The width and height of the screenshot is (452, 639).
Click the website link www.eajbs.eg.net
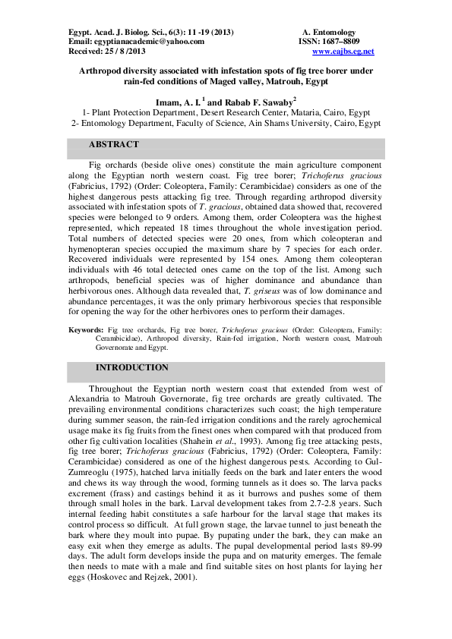point(343,52)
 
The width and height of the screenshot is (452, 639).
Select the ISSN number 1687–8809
point(340,42)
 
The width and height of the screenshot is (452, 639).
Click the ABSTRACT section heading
point(114,144)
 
